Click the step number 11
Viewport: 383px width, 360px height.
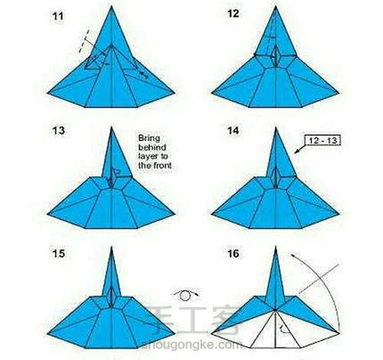tap(57, 16)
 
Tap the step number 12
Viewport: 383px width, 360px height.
tap(233, 13)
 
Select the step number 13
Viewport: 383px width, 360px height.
tap(58, 130)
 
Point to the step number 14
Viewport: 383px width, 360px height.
tap(234, 130)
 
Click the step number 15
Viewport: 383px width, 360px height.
tap(58, 254)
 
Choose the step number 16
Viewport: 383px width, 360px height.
tap(234, 254)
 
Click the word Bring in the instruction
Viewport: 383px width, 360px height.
tap(149, 139)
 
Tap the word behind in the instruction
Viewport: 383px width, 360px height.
tap(152, 147)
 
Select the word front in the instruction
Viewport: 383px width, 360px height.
tap(162, 165)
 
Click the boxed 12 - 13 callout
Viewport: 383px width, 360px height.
tap(322, 140)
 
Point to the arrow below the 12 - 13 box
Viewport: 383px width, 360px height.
tap(300, 149)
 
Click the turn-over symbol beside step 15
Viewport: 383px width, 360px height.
tap(186, 295)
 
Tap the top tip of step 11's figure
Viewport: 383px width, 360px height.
tap(112, 6)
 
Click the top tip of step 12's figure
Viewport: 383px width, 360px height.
tap(276, 7)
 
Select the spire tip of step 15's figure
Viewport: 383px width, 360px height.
tap(112, 247)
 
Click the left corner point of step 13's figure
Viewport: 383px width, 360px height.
tap(47, 214)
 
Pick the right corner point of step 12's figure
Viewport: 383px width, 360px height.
tap(339, 93)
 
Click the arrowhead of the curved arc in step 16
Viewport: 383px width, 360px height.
tap(293, 255)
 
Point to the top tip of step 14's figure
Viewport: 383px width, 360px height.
tap(276, 128)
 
